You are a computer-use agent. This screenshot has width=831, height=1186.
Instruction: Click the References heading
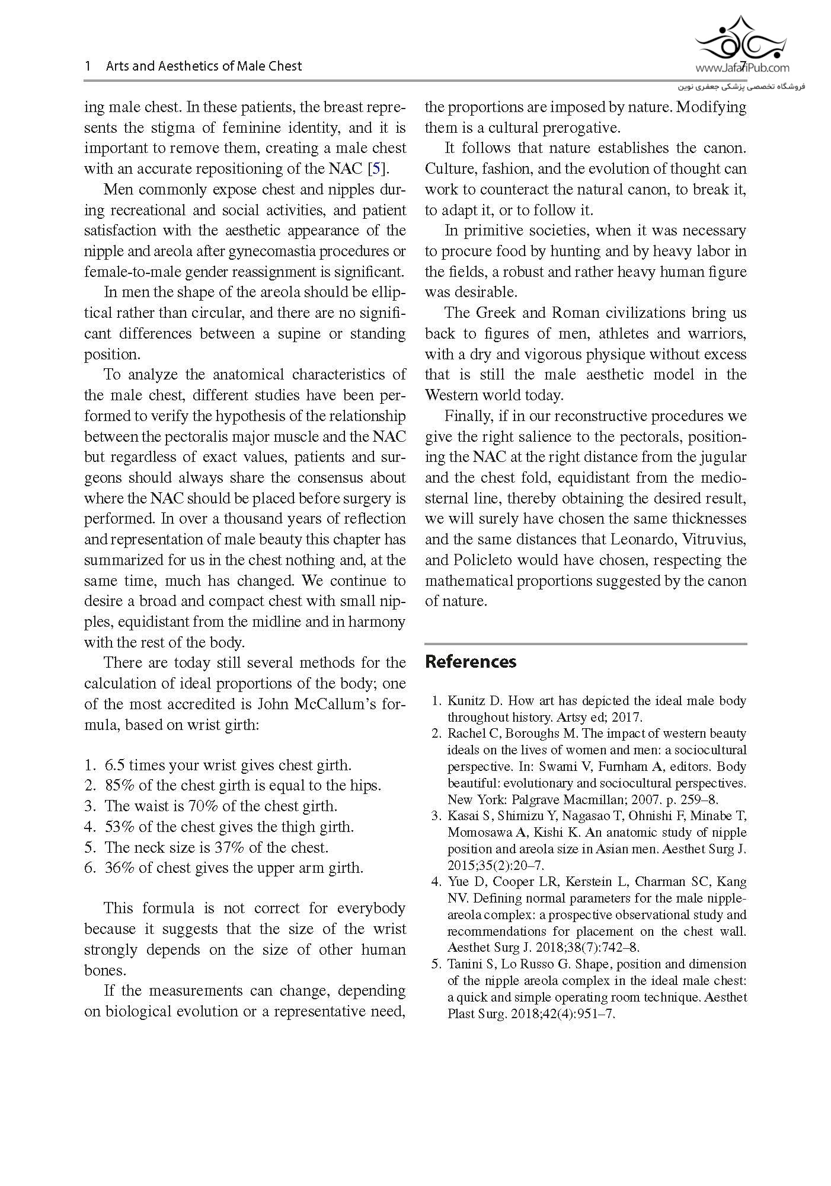[x=471, y=662]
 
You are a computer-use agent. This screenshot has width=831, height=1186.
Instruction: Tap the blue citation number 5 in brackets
[x=376, y=168]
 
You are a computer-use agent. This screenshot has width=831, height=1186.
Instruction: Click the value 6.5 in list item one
[x=114, y=765]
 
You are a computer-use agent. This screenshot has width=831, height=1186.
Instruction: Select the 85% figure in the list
[x=120, y=786]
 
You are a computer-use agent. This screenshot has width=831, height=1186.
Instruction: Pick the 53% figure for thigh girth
[x=120, y=827]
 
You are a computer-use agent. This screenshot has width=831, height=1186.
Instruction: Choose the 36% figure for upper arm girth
[x=120, y=868]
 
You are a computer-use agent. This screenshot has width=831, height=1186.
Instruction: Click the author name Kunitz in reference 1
[x=466, y=700]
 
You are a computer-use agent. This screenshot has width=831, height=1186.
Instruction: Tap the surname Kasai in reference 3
[x=463, y=816]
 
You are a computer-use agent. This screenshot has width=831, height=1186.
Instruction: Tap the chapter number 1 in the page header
[x=88, y=66]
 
